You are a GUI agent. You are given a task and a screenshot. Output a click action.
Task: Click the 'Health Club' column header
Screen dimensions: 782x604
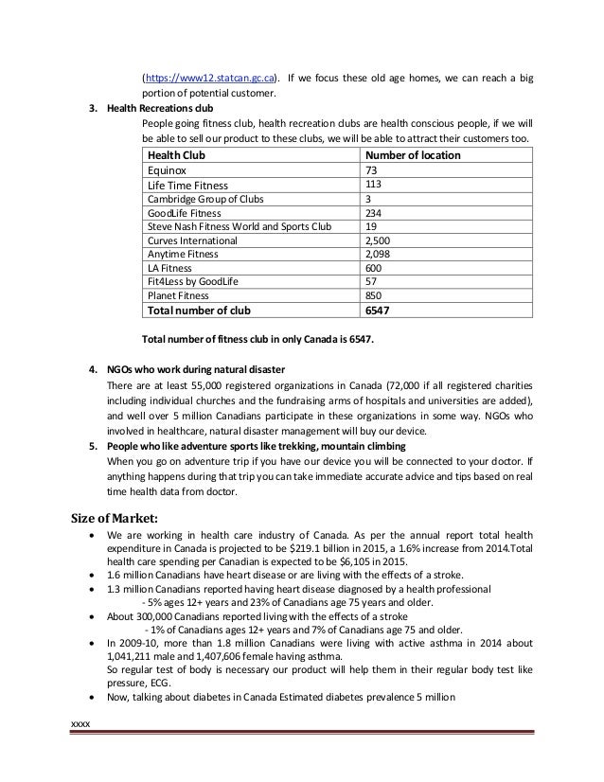176,155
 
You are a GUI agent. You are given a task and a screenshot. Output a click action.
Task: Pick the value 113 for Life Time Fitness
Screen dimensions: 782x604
376,186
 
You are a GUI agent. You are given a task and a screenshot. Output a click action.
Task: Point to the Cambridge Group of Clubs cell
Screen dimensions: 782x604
204,200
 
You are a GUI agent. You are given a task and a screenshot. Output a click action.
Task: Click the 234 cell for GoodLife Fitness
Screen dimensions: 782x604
375,214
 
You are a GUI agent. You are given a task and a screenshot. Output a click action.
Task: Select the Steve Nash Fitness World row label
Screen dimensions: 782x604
239,227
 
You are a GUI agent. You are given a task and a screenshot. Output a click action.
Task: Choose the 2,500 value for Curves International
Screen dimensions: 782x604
380,241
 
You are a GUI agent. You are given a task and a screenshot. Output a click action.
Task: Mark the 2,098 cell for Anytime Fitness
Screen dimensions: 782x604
380,255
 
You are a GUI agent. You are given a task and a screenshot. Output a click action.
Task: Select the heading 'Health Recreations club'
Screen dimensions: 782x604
161,108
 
